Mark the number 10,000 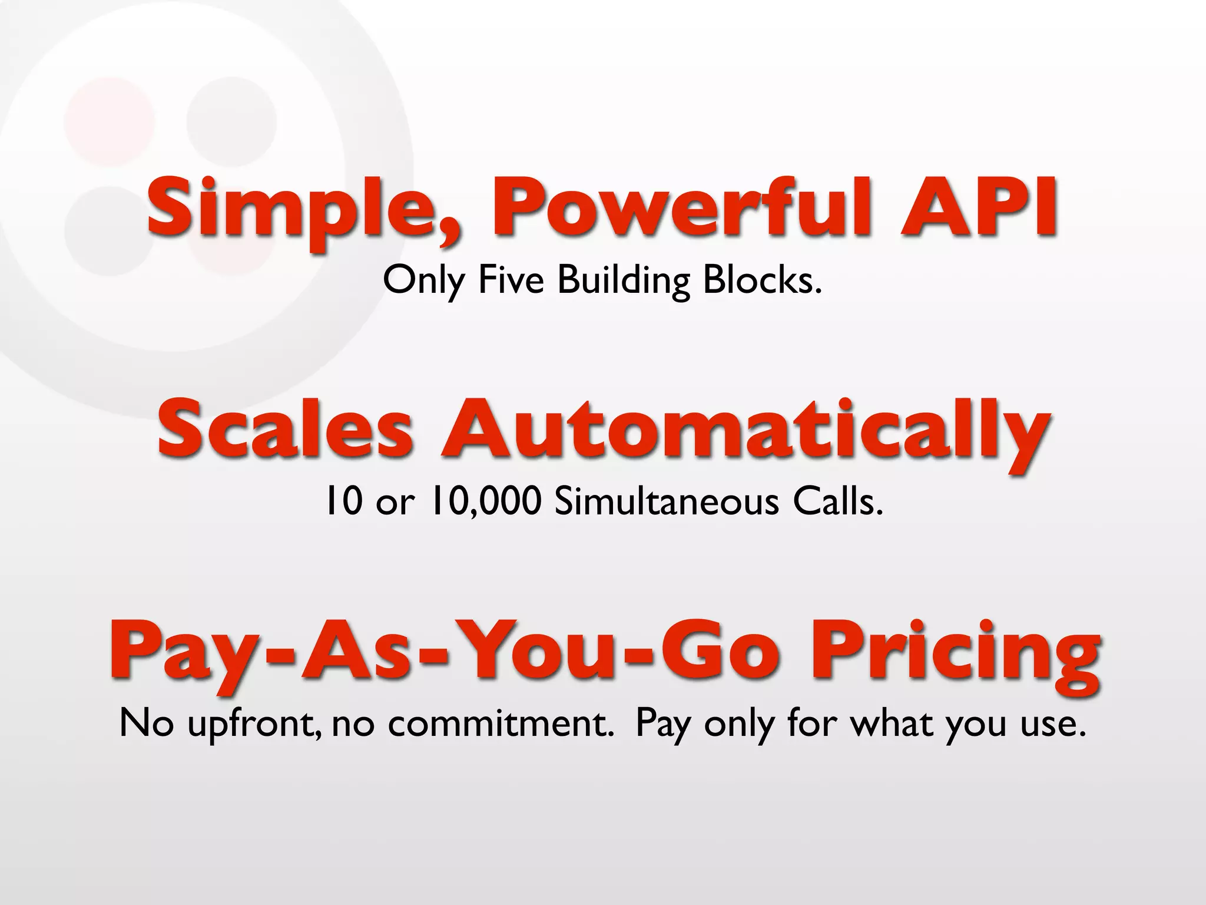coord(485,502)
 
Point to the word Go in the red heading coord(721,651)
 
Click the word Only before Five coord(423,281)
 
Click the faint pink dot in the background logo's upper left coord(110,121)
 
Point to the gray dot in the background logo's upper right coord(231,121)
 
